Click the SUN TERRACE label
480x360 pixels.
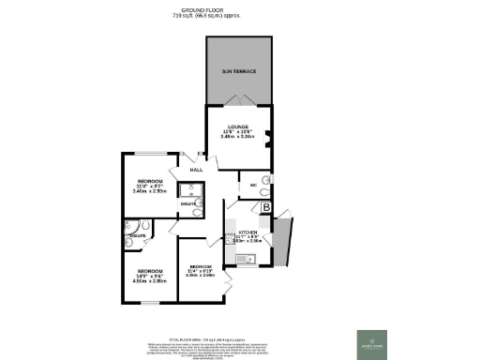click(239, 71)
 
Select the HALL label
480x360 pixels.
click(197, 170)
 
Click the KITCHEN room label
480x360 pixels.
click(247, 230)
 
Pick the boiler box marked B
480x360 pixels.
click(266, 208)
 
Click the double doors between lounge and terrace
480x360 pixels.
click(239, 101)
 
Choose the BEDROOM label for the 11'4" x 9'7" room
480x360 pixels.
click(150, 180)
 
